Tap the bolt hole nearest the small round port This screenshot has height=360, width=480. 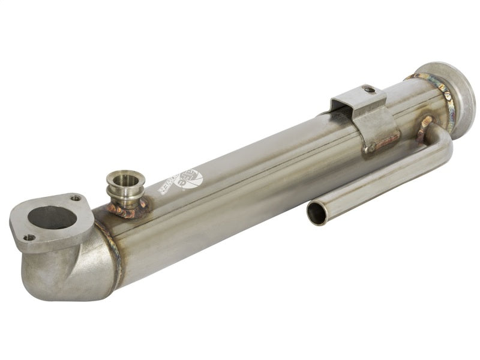[76, 199]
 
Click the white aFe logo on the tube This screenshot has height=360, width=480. [190, 179]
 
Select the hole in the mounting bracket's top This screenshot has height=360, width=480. [370, 90]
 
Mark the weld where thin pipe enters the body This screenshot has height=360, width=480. [425, 122]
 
